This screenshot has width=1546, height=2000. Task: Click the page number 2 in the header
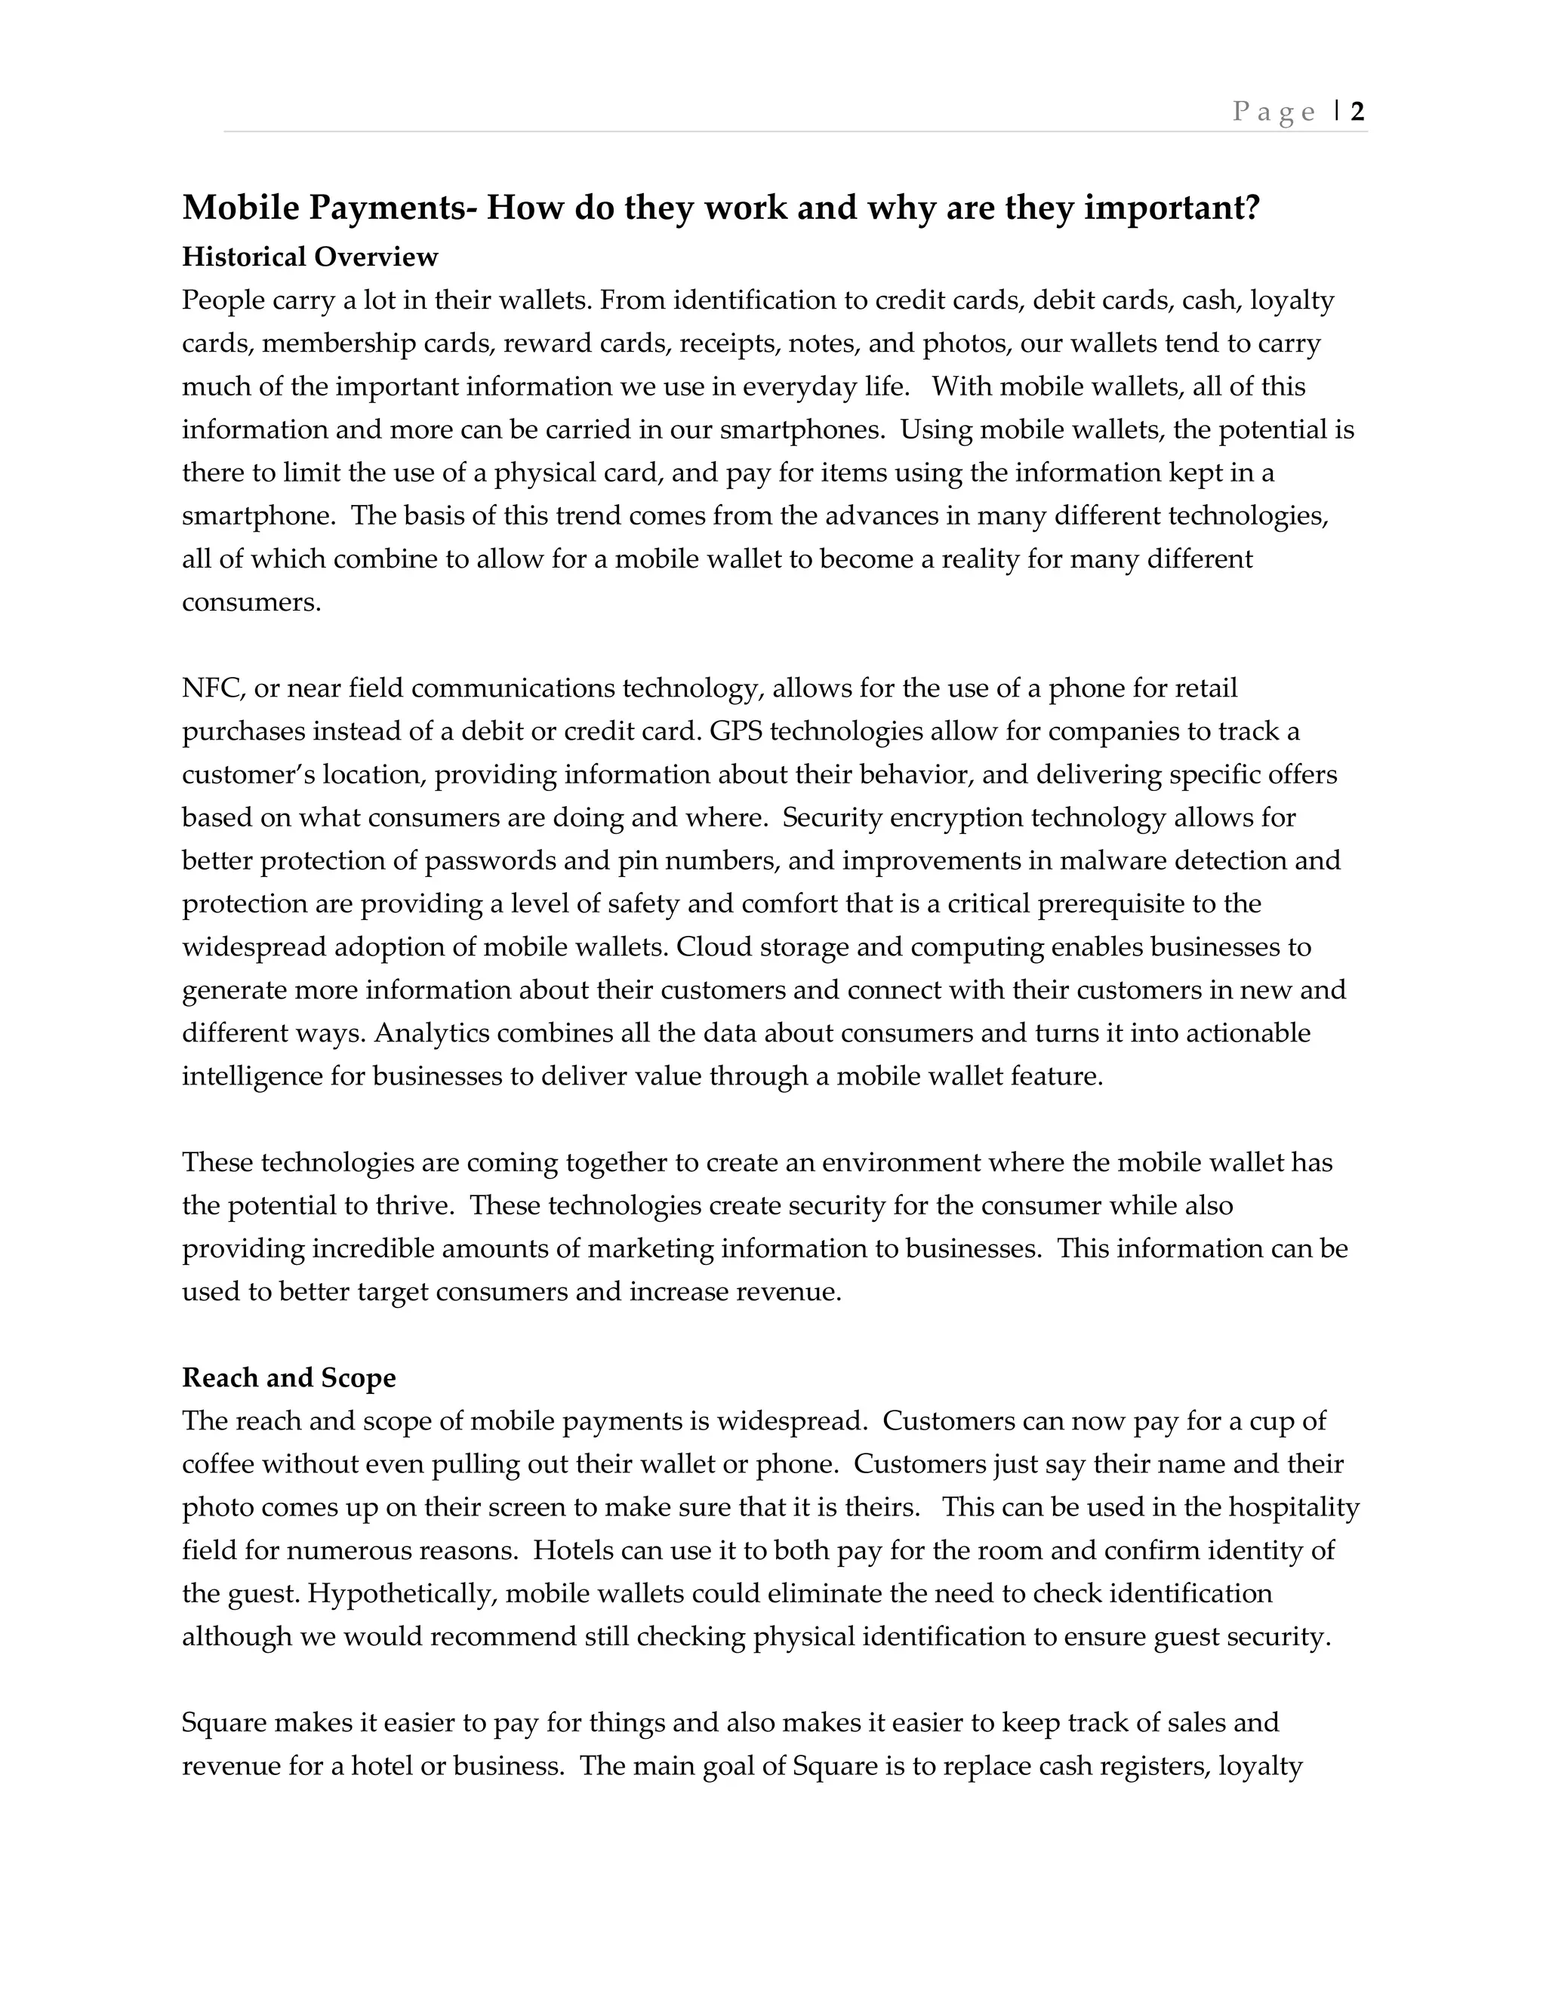[x=1357, y=112]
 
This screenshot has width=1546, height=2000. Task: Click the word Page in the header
[x=1274, y=112]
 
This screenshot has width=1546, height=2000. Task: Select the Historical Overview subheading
[x=310, y=257]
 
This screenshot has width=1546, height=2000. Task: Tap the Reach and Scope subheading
[x=288, y=1378]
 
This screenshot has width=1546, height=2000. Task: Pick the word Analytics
[x=429, y=1033]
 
